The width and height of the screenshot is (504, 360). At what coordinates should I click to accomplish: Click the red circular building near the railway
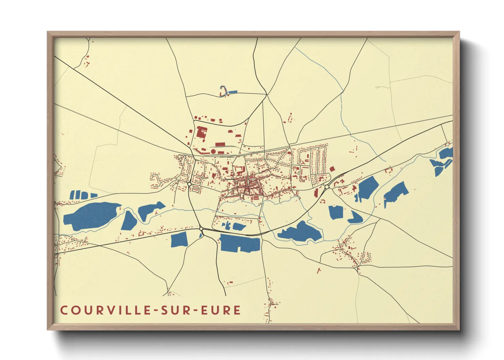click(213, 151)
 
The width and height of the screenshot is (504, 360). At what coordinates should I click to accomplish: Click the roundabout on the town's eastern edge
click(327, 187)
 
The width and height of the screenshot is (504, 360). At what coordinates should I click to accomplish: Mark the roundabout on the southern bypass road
click(201, 229)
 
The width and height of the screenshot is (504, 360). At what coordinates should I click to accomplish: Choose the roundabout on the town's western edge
click(189, 184)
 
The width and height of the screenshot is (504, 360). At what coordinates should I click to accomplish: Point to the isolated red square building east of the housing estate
click(332, 169)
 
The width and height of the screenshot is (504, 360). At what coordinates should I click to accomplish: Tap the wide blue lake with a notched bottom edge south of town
click(240, 243)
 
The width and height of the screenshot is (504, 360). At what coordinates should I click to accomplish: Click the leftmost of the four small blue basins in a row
click(72, 195)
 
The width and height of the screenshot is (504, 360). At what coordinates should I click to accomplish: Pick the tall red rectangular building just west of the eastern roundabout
click(316, 192)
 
